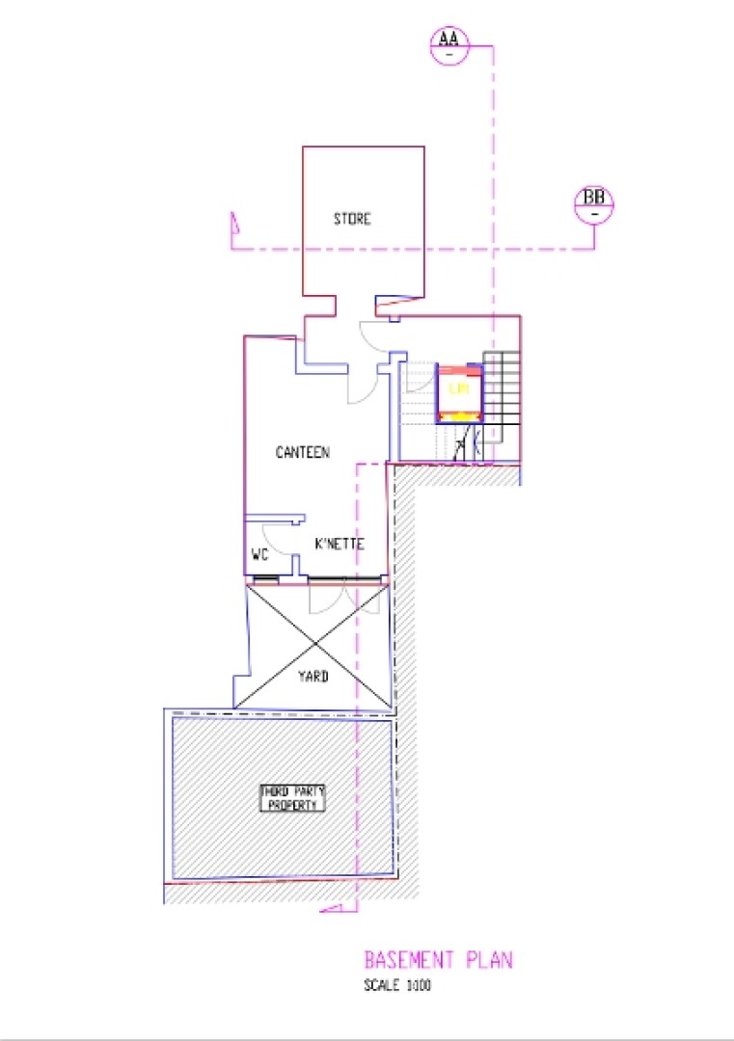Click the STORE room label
[x=352, y=219]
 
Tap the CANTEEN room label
[x=303, y=451]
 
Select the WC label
[x=259, y=555]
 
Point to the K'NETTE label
[x=340, y=545]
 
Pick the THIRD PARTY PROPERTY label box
[x=293, y=797]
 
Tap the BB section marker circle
[x=594, y=204]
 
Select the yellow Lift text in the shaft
[x=460, y=389]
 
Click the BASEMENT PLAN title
[x=438, y=960]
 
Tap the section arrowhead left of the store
[x=232, y=224]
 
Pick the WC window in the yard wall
[x=263, y=579]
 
